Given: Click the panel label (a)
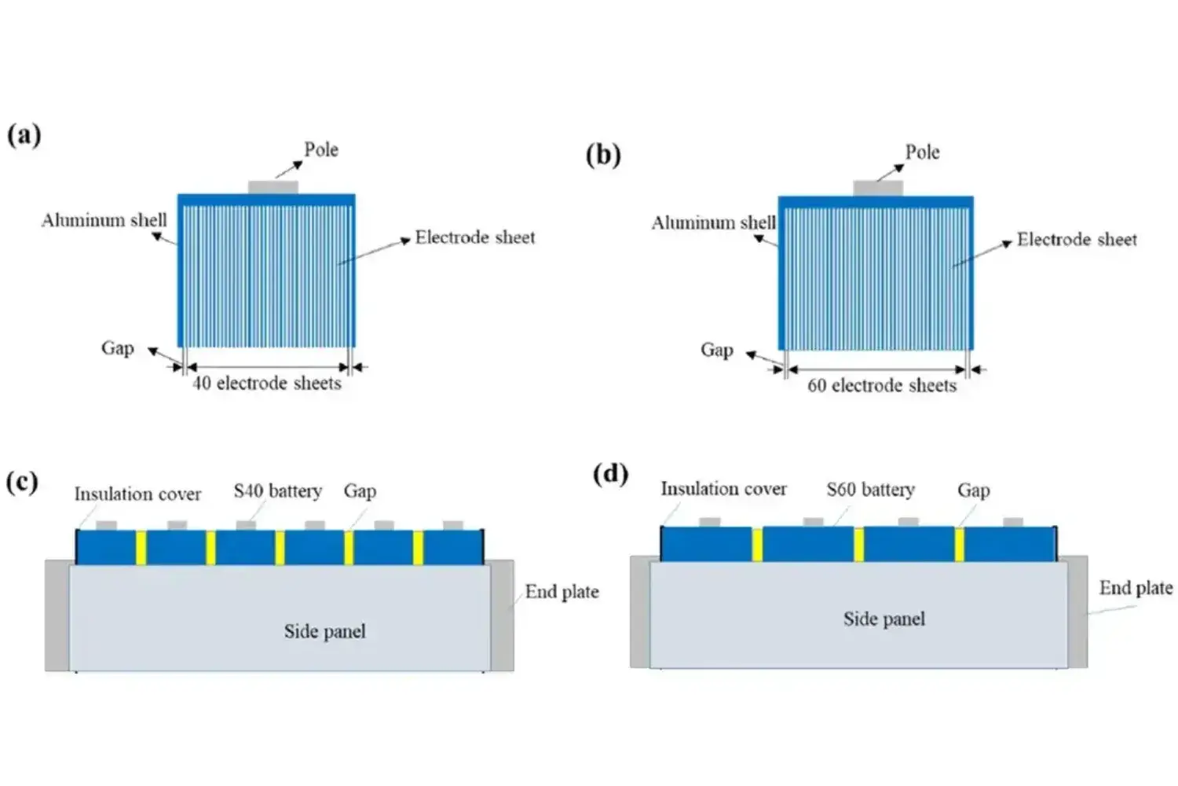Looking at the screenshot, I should (24, 135).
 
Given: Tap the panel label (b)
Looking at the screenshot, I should (603, 154).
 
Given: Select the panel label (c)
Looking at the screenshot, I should (22, 481).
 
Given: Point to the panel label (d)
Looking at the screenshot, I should (610, 474).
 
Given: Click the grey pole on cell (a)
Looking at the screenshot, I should (273, 187).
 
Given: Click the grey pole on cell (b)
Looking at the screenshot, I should (878, 189).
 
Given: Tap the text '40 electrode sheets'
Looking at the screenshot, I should (267, 384).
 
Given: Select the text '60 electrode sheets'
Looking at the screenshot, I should (882, 386).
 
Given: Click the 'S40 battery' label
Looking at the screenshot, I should (278, 491).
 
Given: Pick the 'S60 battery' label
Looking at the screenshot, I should (870, 490).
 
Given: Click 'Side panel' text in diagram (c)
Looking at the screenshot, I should (324, 631).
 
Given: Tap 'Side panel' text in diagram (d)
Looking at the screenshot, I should (884, 619).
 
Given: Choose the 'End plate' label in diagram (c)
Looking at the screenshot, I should (562, 592).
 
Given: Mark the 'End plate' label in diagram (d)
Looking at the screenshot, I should (1136, 588).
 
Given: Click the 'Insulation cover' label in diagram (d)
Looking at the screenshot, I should (723, 489).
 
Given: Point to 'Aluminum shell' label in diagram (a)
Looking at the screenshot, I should (104, 220).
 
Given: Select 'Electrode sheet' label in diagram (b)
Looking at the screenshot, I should (1077, 240).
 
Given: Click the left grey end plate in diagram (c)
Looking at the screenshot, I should (57, 615).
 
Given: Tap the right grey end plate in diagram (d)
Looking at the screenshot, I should (1077, 612).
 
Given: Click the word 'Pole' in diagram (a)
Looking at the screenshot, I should (321, 149).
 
